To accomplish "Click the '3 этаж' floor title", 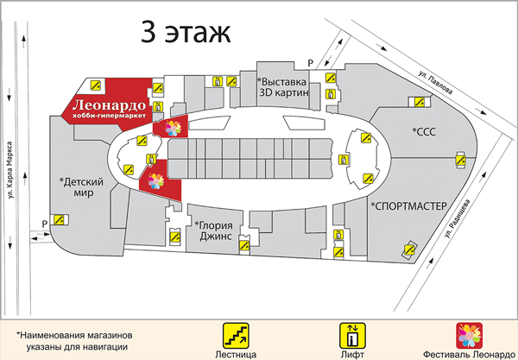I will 186,34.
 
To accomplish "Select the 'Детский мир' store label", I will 82,187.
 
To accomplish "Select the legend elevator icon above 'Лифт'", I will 351,332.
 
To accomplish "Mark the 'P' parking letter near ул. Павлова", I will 310,61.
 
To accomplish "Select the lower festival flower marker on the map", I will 157,180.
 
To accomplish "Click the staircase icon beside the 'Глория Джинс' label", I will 175,233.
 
